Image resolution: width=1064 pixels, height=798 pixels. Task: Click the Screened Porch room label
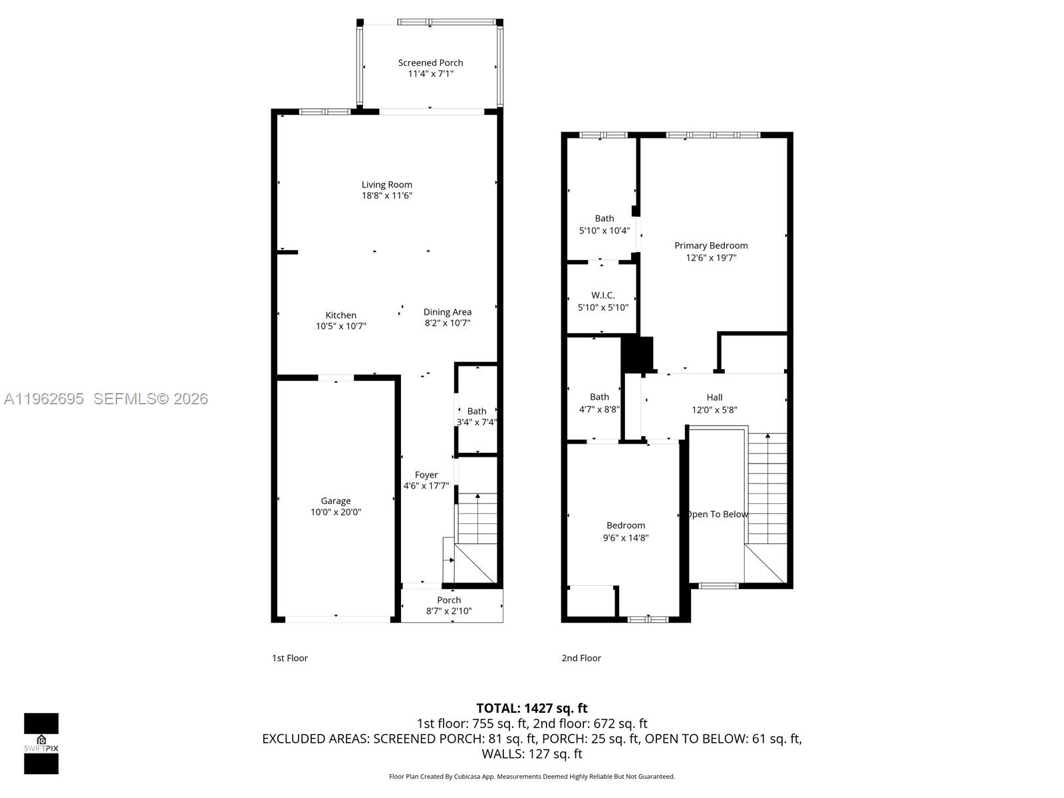point(430,63)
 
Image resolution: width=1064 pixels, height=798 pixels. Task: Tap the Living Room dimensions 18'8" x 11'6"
point(387,196)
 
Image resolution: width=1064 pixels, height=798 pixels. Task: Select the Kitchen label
point(340,315)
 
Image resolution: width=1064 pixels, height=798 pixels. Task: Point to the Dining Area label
point(447,312)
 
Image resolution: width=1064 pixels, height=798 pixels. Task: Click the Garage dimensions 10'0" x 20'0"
point(336,512)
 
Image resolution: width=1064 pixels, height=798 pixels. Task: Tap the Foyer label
point(426,475)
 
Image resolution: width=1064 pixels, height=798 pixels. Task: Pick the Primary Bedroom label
point(711,245)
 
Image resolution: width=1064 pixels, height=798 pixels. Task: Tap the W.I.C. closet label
point(602,295)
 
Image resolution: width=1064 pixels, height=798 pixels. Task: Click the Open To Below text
point(717,514)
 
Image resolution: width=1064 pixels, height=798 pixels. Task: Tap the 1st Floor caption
point(289,658)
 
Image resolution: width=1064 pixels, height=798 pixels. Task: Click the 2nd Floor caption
point(581,658)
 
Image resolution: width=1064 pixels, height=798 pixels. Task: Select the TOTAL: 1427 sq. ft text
point(531,708)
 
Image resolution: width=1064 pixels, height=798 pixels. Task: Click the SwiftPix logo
point(41,743)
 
